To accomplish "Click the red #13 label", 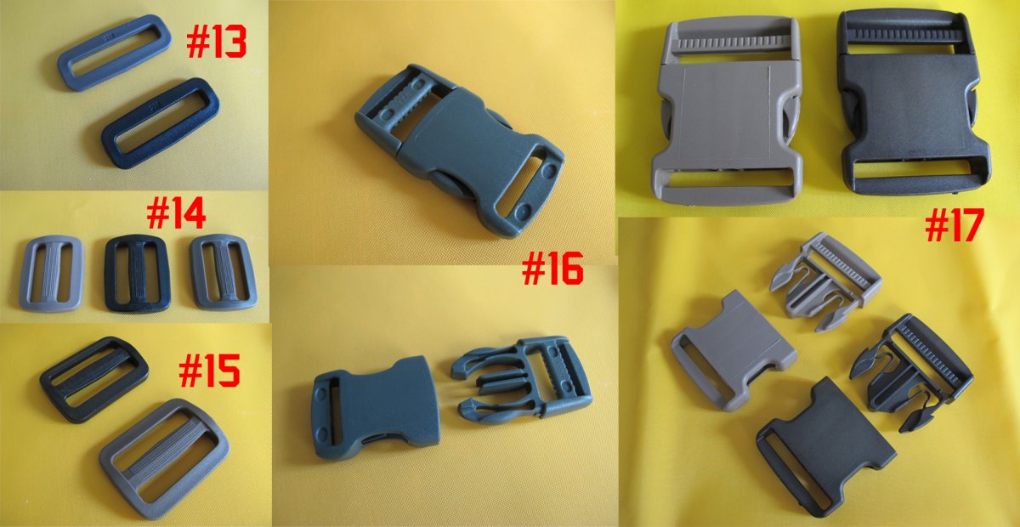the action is point(216,42).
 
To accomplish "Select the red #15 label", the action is point(209,371).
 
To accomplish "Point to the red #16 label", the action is point(552,269).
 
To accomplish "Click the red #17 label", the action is point(954,225).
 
